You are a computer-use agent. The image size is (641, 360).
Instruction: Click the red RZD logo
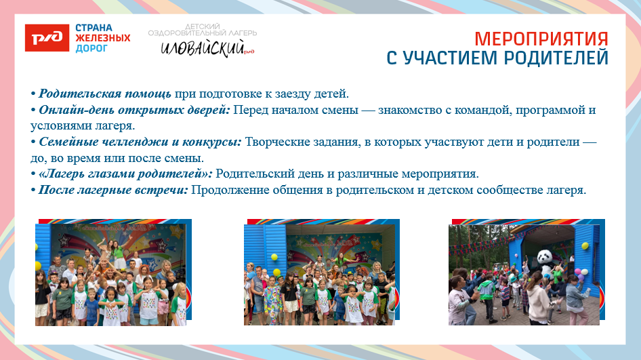tap(47, 38)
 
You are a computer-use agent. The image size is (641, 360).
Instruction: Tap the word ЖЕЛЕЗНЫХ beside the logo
tap(103, 38)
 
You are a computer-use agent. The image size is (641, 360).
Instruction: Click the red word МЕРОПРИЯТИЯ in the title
tap(541, 38)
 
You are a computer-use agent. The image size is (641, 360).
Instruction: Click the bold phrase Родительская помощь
tap(105, 94)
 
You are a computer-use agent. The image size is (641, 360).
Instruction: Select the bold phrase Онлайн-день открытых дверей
tap(134, 110)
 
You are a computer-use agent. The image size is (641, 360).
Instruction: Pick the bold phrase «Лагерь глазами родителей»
tap(125, 174)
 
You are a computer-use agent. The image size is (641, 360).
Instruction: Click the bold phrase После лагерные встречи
tap(112, 190)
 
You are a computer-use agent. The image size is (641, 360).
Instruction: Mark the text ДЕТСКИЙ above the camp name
tap(203, 25)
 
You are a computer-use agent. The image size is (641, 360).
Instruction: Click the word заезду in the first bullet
tap(293, 94)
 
